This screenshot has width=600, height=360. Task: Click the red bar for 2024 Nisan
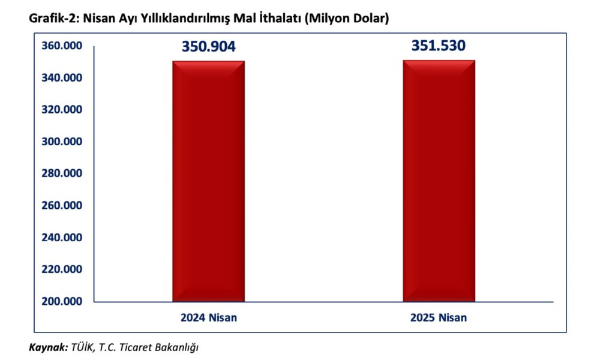(208, 180)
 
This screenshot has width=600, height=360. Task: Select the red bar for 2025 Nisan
(439, 180)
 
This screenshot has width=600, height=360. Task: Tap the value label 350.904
(208, 47)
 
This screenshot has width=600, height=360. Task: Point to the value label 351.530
(438, 46)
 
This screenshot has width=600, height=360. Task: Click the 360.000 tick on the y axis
(61, 46)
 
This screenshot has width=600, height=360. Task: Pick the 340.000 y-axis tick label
(61, 78)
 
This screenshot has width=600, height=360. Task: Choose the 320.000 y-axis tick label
(61, 110)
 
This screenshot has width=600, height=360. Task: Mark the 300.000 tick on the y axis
(61, 142)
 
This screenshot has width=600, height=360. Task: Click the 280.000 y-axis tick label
(61, 173)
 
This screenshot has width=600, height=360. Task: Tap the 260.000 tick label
(61, 206)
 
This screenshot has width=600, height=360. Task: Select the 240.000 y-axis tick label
(61, 238)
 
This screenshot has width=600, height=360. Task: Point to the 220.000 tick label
(61, 269)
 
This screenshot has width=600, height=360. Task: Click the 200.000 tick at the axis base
(61, 301)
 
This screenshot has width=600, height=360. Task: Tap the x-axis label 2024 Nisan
(208, 318)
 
